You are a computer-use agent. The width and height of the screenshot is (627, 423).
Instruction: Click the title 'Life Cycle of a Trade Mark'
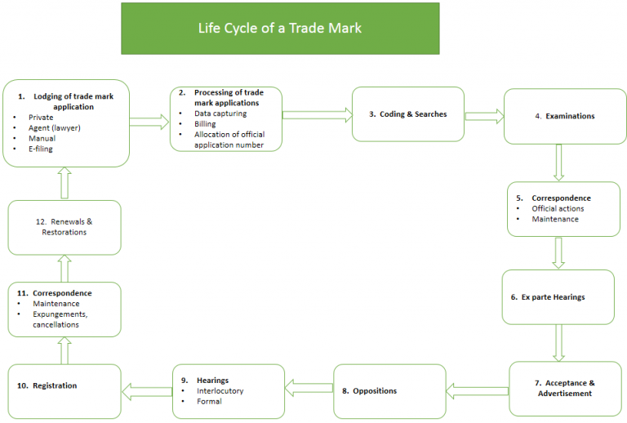(x=280, y=29)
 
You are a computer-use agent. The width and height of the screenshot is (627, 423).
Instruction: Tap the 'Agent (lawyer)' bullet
(x=54, y=128)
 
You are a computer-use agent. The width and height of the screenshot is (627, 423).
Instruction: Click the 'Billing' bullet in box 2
(x=205, y=123)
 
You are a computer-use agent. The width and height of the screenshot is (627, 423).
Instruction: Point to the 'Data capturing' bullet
(x=220, y=114)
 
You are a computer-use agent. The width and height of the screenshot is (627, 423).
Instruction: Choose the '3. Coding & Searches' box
(x=408, y=114)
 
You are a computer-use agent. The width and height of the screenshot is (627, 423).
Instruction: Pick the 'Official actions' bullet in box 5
(x=558, y=208)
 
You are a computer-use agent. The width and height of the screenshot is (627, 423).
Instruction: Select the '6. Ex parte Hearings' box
(x=558, y=297)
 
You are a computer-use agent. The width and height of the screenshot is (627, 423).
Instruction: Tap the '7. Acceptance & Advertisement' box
(x=564, y=388)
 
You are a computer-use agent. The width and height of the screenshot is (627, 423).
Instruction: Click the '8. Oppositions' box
(x=389, y=391)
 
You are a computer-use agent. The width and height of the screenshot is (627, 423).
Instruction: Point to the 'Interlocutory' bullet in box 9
(x=220, y=391)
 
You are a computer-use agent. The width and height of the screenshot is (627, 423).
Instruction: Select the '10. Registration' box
(x=64, y=385)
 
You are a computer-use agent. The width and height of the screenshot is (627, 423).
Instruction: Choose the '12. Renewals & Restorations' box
(x=64, y=227)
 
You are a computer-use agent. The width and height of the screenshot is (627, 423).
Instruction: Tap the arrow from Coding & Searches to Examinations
(x=484, y=116)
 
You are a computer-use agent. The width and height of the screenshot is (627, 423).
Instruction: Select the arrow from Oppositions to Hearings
(x=309, y=382)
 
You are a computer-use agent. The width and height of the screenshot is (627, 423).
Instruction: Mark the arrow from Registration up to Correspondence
(x=64, y=350)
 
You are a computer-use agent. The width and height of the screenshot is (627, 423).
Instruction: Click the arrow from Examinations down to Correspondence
(x=559, y=162)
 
